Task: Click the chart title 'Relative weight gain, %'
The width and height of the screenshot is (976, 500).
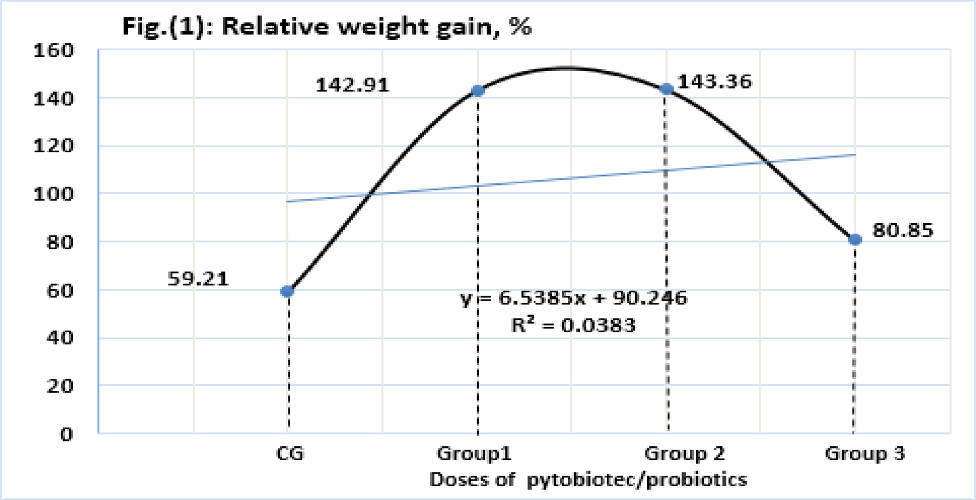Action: pyautogui.click(x=327, y=27)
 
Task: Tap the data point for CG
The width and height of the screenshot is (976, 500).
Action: pyautogui.click(x=287, y=291)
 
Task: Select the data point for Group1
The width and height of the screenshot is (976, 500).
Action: pyautogui.click(x=478, y=91)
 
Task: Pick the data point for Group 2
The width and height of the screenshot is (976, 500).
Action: pyautogui.click(x=667, y=89)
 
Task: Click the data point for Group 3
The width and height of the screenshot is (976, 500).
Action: pyautogui.click(x=855, y=240)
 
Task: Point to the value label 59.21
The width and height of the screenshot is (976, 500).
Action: pyautogui.click(x=198, y=279)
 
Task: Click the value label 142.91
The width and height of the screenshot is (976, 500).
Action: pyautogui.click(x=353, y=85)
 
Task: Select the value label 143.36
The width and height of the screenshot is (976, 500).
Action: pyautogui.click(x=715, y=82)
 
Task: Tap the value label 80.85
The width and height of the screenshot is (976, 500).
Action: pyautogui.click(x=903, y=230)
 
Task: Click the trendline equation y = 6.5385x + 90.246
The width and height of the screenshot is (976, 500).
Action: pyautogui.click(x=574, y=298)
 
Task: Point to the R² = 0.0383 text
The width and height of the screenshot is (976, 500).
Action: pyautogui.click(x=574, y=325)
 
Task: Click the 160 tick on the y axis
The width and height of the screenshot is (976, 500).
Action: pyautogui.click(x=54, y=51)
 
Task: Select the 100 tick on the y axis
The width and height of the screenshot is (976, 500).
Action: pyautogui.click(x=54, y=194)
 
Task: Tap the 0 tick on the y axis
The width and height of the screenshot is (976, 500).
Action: pyautogui.click(x=66, y=434)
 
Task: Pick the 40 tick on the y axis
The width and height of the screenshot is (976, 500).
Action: pyautogui.click(x=60, y=338)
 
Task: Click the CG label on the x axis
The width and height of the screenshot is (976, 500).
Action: pyautogui.click(x=290, y=454)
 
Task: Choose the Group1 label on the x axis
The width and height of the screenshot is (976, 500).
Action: pyautogui.click(x=474, y=454)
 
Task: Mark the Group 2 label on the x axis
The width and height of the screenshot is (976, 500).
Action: pyautogui.click(x=684, y=454)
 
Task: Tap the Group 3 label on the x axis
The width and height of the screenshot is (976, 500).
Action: pyautogui.click(x=865, y=454)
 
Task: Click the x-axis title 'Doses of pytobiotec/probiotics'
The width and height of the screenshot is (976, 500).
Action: pyautogui.click(x=588, y=480)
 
